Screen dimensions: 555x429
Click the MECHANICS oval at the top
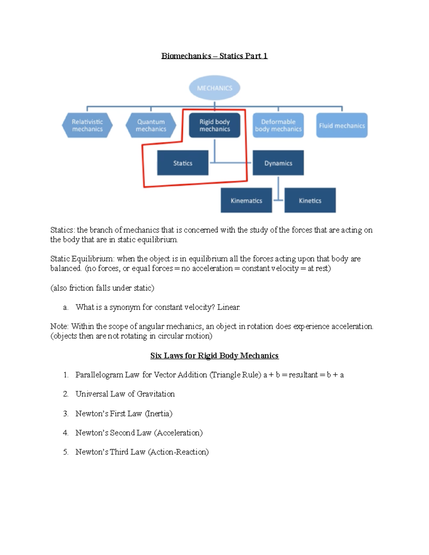(x=214, y=88)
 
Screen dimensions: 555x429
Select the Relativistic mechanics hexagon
(x=87, y=125)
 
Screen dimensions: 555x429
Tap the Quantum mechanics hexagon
(x=151, y=125)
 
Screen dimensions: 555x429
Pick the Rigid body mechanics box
(x=214, y=125)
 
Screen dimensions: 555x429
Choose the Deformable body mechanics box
(x=278, y=125)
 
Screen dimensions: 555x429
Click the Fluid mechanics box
(x=342, y=125)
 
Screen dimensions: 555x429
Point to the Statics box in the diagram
(x=183, y=163)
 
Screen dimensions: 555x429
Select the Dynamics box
(x=278, y=163)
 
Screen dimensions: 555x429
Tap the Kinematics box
(x=246, y=200)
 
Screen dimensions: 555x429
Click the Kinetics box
(x=310, y=200)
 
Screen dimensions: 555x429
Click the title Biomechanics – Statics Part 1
(x=214, y=56)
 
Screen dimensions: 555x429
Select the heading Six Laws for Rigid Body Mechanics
(x=214, y=356)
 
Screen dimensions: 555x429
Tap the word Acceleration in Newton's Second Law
(x=178, y=433)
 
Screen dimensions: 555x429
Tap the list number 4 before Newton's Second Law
(x=65, y=433)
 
